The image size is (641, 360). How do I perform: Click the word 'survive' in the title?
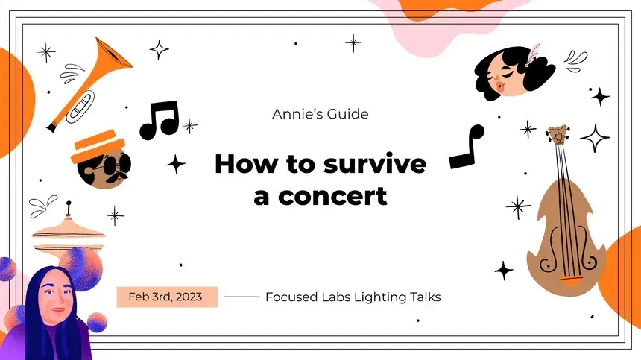(x=375, y=164)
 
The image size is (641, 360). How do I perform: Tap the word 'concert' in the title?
(x=332, y=197)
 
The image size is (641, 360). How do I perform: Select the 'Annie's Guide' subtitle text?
(x=320, y=114)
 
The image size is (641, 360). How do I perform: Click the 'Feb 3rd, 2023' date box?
(x=167, y=297)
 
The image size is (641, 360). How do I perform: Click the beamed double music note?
(x=160, y=120)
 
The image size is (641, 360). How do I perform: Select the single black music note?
(x=467, y=147)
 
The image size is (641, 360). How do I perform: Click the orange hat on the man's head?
(x=98, y=146)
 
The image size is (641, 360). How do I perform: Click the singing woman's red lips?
(x=500, y=86)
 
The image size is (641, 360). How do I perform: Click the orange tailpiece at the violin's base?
(x=571, y=281)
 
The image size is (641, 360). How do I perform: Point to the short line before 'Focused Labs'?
(x=241, y=297)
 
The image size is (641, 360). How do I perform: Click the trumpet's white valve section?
(x=80, y=107)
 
